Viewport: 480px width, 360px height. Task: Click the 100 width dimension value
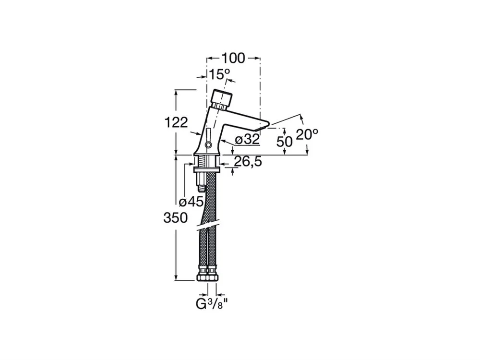tap(233, 58)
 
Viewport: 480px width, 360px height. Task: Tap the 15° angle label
tap(219, 74)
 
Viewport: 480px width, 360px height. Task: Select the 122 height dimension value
tap(176, 123)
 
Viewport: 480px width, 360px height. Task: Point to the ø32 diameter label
tap(247, 140)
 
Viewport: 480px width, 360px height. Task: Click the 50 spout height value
tap(284, 142)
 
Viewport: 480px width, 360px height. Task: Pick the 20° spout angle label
tap(307, 134)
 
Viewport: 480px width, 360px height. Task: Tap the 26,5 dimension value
tap(248, 161)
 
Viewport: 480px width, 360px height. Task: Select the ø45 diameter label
tap(192, 202)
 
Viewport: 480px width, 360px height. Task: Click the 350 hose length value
tap(175, 218)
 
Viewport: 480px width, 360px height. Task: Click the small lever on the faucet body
tap(208, 138)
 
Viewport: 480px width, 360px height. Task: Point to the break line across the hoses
tap(207, 225)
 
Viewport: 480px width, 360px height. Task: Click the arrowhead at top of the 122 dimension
tap(176, 92)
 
